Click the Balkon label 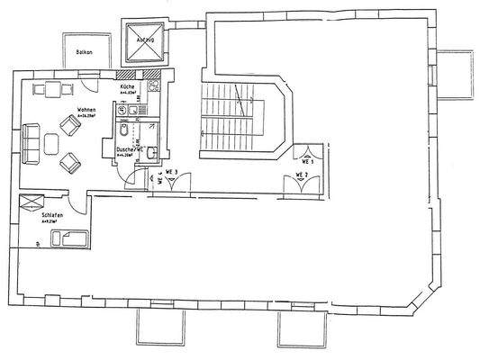pos(86,53)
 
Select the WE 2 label pos(301,174)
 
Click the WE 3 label pos(170,171)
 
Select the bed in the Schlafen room pos(70,238)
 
